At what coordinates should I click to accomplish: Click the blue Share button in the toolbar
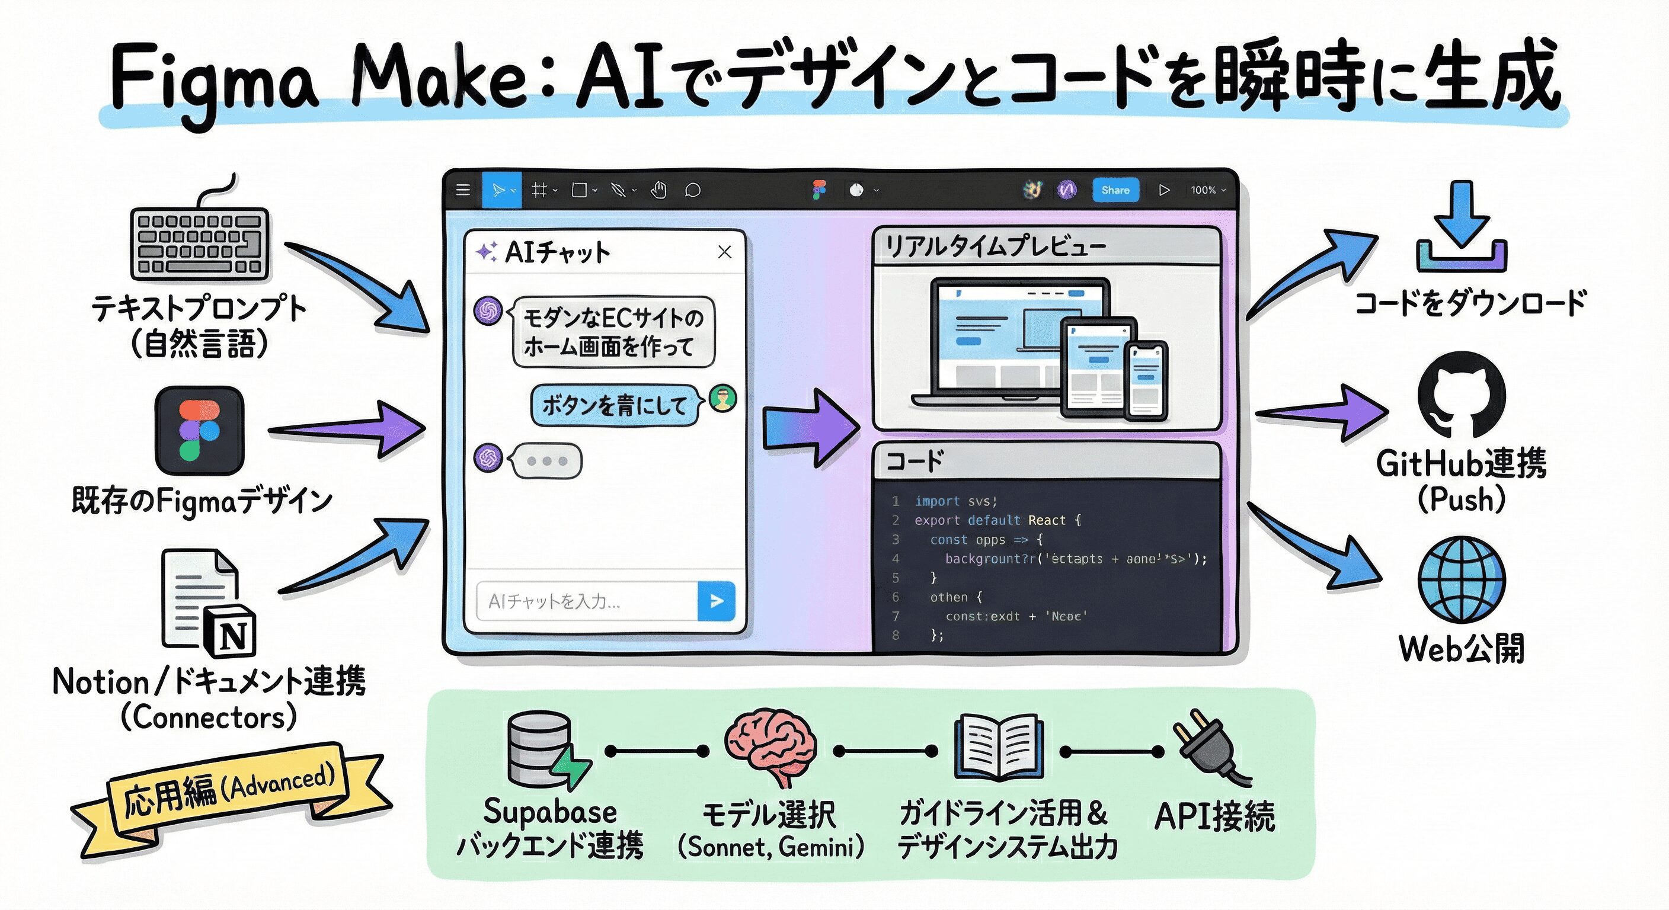1115,190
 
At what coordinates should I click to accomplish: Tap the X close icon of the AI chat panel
724,251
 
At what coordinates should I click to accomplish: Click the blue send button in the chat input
716,601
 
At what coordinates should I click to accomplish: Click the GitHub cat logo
1461,395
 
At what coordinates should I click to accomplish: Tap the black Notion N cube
231,632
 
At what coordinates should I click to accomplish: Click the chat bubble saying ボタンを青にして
614,405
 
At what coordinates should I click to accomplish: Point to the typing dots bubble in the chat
546,460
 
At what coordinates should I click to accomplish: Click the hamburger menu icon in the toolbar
463,190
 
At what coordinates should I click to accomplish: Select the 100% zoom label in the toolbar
1203,190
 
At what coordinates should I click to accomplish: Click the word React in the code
1046,520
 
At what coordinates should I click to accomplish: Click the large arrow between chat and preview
810,428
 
